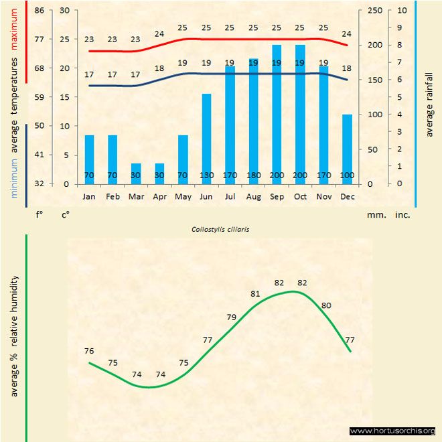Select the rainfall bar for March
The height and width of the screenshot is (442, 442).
point(136,173)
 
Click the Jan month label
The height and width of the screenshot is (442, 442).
point(89,197)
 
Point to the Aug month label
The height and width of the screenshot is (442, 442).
point(253,197)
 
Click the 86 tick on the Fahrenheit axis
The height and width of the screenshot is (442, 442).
point(40,11)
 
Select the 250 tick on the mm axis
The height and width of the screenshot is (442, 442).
point(375,11)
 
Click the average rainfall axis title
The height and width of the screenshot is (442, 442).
point(429,104)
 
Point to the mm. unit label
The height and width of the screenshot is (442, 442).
point(375,216)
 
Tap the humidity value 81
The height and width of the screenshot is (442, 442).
point(255,293)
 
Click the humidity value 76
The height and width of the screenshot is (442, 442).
point(89,351)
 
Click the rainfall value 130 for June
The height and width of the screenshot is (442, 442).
point(206,175)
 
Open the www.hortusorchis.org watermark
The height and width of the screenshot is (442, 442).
point(393,431)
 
